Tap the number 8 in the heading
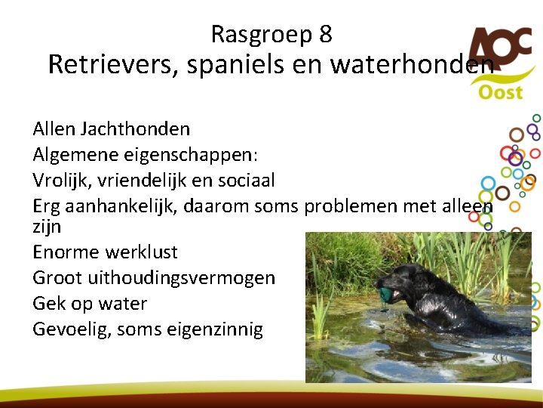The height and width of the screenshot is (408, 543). point(325,35)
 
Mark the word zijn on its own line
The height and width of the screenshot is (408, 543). point(47,226)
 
